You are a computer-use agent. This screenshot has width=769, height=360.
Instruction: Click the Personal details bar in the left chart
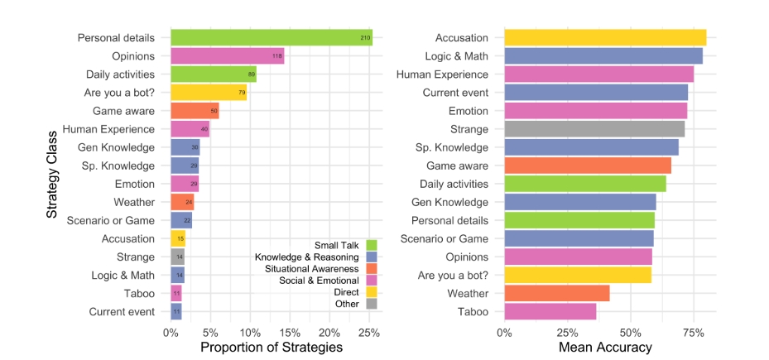[272, 38]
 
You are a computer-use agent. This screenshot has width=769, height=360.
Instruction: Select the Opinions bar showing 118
[227, 56]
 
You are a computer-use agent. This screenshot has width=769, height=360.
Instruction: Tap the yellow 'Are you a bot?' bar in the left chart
[209, 93]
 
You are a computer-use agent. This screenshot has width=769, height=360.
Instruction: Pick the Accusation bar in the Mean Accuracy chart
[604, 38]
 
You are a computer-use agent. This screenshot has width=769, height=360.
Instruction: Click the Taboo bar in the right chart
[550, 311]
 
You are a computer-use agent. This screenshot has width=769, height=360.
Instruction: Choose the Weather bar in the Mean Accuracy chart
[556, 293]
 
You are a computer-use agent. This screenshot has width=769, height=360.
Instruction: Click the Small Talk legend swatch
[372, 245]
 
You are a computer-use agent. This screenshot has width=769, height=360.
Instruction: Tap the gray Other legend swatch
[372, 304]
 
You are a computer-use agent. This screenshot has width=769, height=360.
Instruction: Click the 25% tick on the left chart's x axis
[368, 333]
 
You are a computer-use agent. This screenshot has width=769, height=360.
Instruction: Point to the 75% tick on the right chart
[693, 333]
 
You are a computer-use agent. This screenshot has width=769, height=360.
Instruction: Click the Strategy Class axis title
[51, 175]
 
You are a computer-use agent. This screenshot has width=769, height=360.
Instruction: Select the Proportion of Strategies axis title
[272, 348]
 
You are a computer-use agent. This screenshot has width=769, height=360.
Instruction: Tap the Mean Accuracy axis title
[605, 348]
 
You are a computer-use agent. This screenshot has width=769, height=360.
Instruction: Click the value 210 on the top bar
[365, 38]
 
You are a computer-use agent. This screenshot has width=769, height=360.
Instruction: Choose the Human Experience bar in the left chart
[190, 129]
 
